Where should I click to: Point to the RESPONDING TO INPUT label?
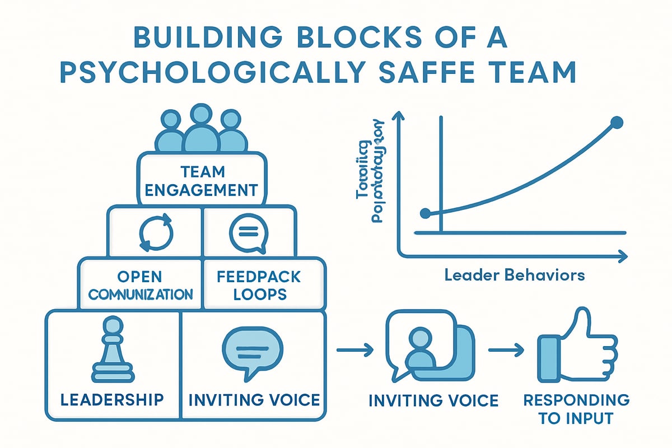pos(576,408)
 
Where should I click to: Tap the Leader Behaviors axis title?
pos(515,275)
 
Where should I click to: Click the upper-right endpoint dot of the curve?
pos(616,122)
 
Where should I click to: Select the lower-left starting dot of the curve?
pos(426,213)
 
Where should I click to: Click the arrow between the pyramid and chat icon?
pos(354,351)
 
